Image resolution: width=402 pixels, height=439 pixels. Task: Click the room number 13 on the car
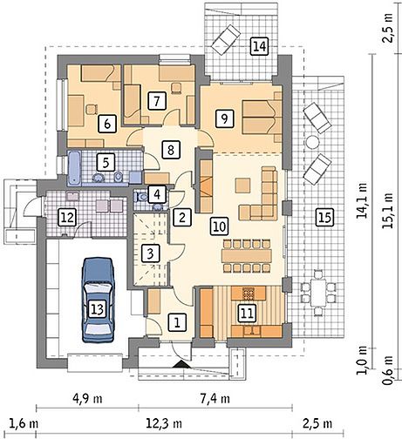98,309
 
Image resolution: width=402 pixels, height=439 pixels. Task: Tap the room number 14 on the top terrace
259,46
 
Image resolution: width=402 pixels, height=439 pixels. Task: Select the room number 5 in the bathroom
106,162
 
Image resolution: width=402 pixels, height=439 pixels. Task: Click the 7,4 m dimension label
215,399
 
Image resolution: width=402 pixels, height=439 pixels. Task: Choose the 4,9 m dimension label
87,399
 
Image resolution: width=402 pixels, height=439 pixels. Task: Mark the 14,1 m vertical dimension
362,201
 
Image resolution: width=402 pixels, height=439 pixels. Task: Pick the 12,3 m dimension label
164,423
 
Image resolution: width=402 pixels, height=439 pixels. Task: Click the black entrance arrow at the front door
181,365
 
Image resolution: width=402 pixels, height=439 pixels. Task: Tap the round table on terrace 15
313,142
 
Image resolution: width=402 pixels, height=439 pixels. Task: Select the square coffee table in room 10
243,186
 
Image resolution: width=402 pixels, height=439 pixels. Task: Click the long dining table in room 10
247,255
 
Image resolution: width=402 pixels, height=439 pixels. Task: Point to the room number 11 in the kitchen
247,313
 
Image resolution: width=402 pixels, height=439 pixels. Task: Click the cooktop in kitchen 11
249,294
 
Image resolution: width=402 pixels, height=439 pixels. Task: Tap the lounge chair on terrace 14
226,39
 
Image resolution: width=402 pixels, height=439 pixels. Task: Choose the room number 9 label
224,118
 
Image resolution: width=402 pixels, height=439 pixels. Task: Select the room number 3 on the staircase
150,253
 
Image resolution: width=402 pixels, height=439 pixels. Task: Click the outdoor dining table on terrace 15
318,293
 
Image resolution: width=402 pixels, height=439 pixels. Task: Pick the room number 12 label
67,217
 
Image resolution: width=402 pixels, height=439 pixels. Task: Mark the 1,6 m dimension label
24,423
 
